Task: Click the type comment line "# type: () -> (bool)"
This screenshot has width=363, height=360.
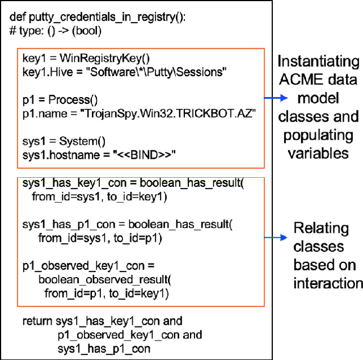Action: (55, 30)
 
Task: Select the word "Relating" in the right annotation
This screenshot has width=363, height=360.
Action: (321, 229)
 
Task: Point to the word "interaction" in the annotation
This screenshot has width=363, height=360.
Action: (328, 283)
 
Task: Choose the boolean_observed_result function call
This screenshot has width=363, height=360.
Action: (105, 280)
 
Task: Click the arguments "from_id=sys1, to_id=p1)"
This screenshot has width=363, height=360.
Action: (100, 238)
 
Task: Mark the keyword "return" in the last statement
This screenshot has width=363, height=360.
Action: (37, 322)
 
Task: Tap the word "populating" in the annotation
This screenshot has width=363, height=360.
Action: (319, 136)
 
